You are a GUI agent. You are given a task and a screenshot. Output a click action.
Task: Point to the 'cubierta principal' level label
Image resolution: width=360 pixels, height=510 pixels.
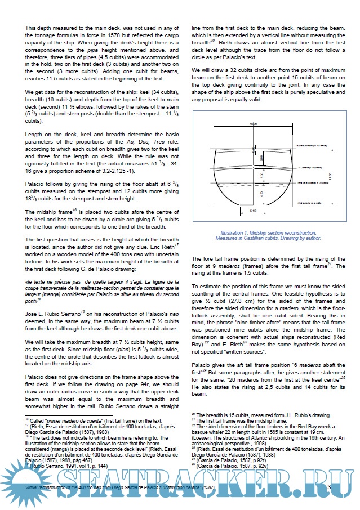(x=310, y=145)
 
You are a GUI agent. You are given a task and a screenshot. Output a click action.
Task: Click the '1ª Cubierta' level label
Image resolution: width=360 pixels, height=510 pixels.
(x=309, y=167)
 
